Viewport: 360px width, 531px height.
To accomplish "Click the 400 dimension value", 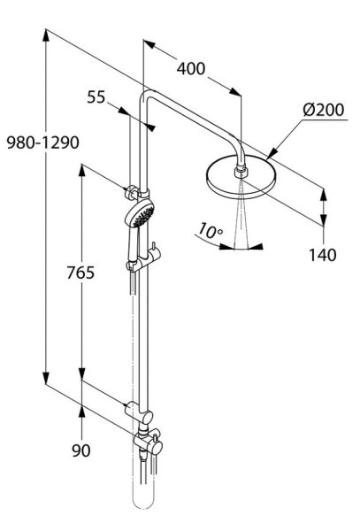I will tap(192, 68).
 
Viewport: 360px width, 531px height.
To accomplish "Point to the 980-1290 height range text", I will tap(22, 142).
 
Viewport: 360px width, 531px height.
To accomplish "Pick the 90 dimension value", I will tap(82, 452).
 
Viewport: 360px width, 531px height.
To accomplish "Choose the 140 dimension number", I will tap(324, 256).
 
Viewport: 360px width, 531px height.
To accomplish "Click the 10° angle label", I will tap(210, 232).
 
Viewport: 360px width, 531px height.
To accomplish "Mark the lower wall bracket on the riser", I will tap(134, 409).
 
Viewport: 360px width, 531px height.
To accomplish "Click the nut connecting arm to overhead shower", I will tap(241, 165).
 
